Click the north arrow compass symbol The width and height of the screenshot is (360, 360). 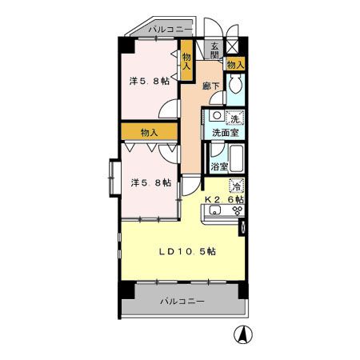[243, 334]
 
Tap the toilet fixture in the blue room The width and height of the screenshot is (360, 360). [235, 83]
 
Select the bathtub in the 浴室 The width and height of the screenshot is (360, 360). [236, 158]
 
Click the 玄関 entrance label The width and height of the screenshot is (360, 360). [214, 50]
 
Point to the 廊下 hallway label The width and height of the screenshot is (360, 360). [211, 86]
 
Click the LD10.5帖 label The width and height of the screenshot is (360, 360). [187, 251]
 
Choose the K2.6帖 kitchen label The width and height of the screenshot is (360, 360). [224, 199]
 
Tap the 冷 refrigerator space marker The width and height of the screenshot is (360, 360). [236, 186]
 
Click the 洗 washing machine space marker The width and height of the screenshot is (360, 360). [234, 118]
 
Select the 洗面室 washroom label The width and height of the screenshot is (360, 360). [226, 133]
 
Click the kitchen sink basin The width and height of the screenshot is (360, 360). [215, 210]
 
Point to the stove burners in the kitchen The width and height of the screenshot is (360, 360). [238, 210]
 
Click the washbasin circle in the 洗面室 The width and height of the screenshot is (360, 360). [217, 115]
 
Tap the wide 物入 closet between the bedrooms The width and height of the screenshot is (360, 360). [150, 132]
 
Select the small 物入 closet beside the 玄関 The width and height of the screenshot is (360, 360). [235, 64]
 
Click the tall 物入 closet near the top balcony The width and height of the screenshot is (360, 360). [186, 61]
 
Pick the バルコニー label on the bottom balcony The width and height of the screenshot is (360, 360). [182, 302]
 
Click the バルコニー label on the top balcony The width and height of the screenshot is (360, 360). [170, 29]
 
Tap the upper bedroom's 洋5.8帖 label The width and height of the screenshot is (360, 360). [150, 81]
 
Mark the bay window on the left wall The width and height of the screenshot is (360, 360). [115, 178]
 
